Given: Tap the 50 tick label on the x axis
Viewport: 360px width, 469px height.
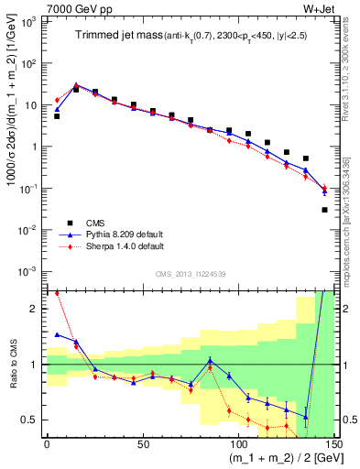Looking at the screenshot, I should point(143,445).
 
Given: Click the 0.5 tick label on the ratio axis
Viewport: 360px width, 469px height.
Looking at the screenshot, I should point(33,420).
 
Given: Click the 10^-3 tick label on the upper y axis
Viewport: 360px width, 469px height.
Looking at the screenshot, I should point(30,270).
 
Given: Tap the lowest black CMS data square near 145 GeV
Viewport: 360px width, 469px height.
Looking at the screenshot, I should point(325,210).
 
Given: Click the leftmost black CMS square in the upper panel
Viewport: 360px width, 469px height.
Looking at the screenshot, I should point(57,116).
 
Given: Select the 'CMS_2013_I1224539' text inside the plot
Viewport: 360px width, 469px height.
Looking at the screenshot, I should point(191,275).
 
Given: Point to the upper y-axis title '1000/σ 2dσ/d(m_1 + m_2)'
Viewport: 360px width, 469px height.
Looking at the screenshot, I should point(14,137).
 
